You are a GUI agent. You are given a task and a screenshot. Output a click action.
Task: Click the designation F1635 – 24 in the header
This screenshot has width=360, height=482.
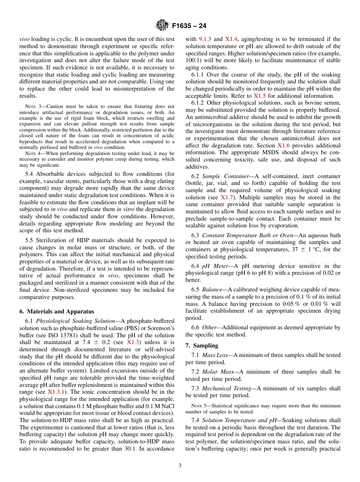pyautogui.click(x=189, y=26)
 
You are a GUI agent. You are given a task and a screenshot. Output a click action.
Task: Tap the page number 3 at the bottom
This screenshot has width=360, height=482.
pyautogui.click(x=180, y=465)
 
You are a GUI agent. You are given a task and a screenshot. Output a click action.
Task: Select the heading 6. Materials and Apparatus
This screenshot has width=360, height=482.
pyautogui.click(x=56, y=311)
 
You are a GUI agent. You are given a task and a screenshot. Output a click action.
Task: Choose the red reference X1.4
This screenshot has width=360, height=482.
pyautogui.click(x=232, y=39)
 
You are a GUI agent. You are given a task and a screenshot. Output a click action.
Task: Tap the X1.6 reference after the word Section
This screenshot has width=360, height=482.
pyautogui.click(x=283, y=146)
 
